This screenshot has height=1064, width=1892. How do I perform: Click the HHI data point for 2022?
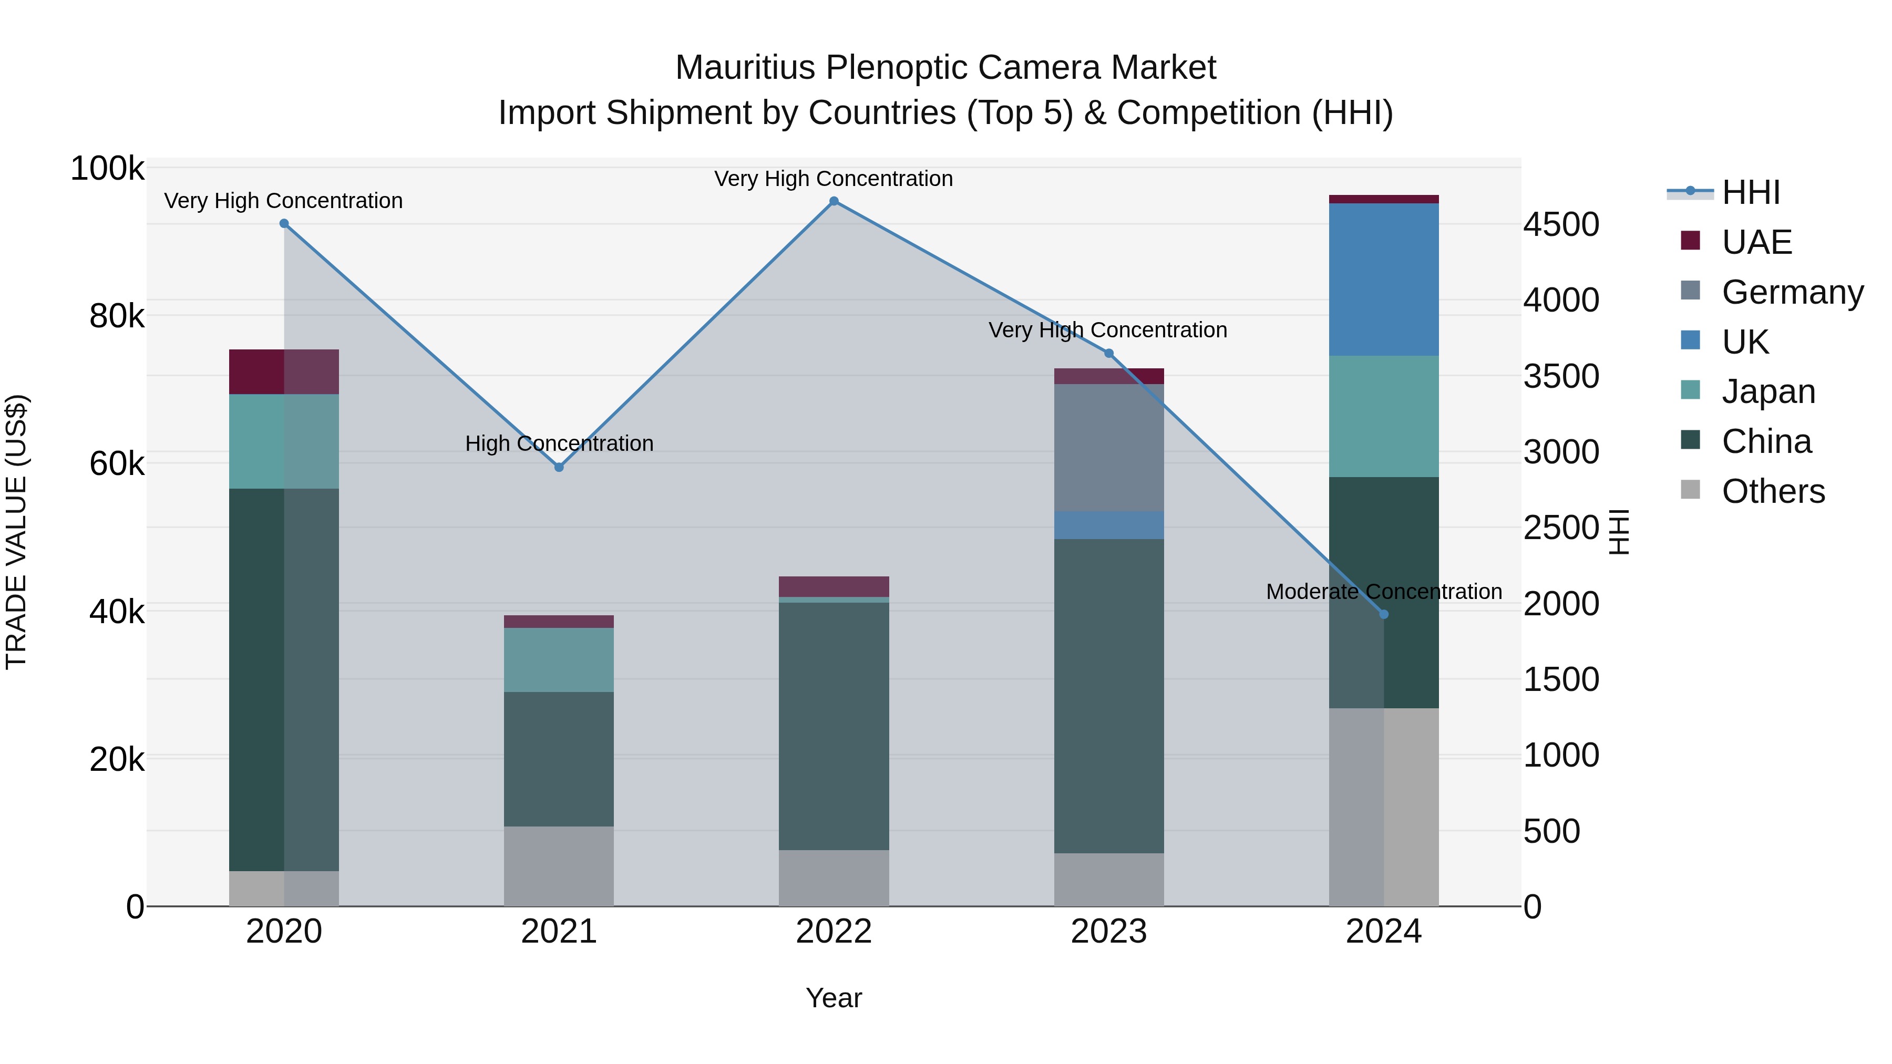834,201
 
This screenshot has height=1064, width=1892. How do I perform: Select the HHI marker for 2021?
559,467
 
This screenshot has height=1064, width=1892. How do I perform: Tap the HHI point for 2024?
1384,614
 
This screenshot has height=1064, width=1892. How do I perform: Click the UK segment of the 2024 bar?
1384,280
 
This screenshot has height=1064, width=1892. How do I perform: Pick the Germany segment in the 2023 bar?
1109,447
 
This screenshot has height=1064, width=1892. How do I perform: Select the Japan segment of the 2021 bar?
559,659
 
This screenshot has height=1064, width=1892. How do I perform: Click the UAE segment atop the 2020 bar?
284,371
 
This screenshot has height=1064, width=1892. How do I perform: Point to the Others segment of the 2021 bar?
559,866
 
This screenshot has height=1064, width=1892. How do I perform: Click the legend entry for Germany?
1792,292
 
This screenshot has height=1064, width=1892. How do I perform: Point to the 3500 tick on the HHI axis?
1561,376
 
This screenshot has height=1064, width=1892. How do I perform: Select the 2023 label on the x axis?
1108,932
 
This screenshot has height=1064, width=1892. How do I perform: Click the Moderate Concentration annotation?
1384,591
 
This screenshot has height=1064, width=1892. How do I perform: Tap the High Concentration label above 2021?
559,443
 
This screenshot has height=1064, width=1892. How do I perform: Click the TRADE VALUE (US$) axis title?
16,532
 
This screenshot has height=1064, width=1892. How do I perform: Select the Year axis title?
834,998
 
